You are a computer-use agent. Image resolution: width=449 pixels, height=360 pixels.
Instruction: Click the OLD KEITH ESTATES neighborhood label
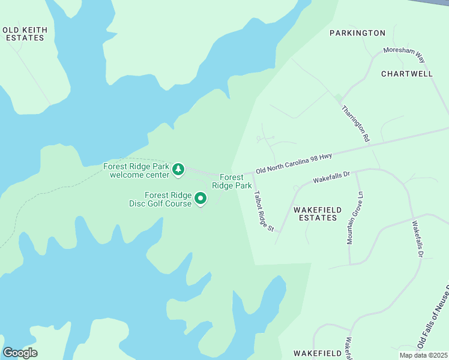point(25,34)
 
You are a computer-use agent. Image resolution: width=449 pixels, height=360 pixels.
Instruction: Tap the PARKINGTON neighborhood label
point(357,33)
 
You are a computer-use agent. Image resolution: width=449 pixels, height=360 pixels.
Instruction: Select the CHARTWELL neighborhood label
point(406,74)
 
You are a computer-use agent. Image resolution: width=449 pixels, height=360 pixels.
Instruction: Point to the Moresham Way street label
point(404,55)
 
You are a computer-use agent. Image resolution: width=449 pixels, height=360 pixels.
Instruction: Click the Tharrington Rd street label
point(355,124)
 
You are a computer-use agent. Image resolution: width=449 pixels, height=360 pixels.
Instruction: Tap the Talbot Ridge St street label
point(264,211)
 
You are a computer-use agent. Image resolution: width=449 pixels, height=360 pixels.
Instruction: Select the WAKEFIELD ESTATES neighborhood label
point(318,214)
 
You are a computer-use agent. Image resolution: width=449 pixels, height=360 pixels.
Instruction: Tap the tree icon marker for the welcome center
point(178,170)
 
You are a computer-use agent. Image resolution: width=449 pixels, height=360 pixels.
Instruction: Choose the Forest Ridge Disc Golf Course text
point(160,199)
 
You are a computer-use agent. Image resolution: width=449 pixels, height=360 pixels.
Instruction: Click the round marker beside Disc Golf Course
point(201,198)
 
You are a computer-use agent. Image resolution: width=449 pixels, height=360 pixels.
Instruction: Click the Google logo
point(20,353)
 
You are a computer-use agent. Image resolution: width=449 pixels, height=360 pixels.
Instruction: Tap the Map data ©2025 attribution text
point(423,355)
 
